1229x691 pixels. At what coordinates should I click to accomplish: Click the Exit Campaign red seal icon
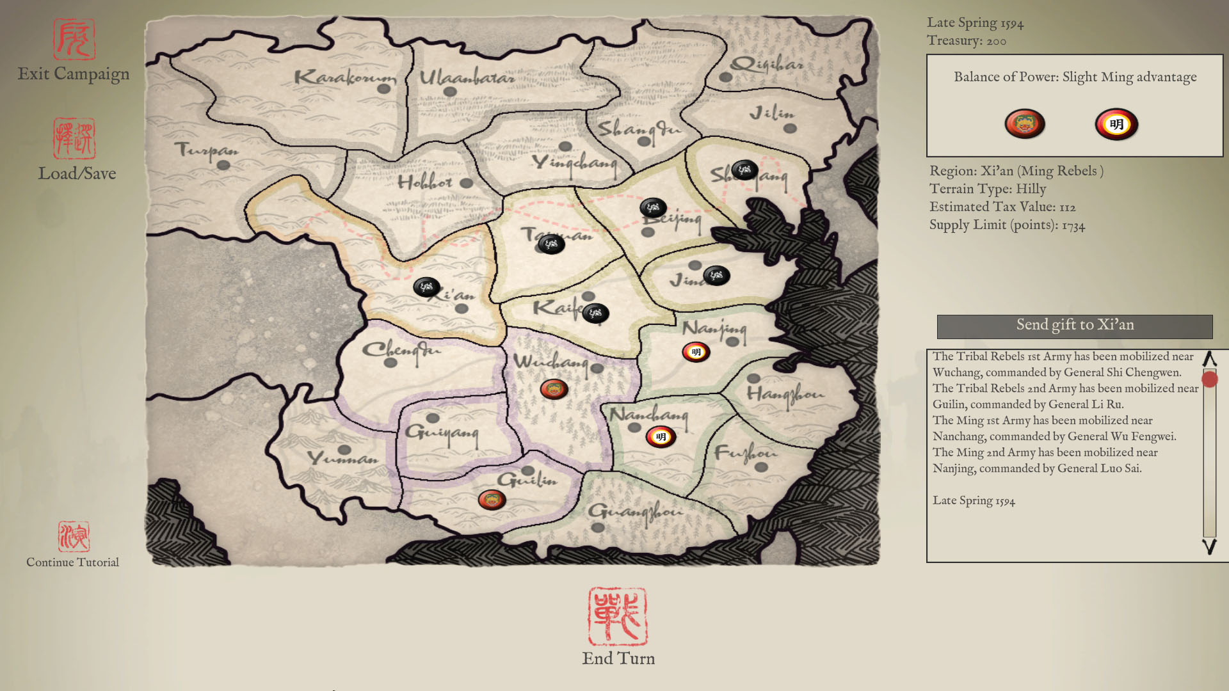74,40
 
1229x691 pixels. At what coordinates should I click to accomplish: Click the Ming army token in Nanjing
696,352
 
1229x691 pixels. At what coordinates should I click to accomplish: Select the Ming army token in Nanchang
661,437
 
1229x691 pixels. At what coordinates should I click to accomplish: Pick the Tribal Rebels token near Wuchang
554,389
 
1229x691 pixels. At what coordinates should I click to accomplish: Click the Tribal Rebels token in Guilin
492,500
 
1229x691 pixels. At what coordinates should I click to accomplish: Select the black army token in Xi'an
426,287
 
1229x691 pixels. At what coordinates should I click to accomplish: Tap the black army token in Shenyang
744,170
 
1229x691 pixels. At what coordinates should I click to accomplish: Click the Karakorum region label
344,78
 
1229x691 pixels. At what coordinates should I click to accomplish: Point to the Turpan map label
206,150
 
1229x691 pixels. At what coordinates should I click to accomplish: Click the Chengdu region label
401,350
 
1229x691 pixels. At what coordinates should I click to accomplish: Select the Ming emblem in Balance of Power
1116,124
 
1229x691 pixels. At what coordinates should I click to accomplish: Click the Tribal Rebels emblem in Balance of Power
1025,124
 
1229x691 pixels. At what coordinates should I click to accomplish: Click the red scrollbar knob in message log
1209,379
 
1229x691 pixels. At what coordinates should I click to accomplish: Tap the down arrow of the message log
1209,547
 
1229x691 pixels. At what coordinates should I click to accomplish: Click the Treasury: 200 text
966,41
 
